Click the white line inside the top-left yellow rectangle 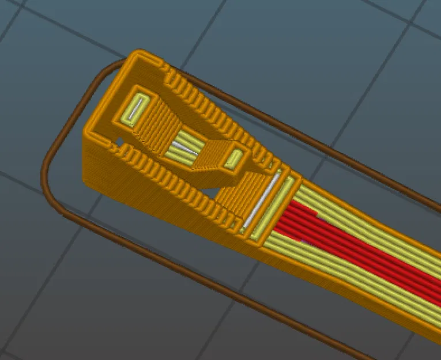[136, 108]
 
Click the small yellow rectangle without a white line [235, 156]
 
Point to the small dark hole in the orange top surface [120, 141]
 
